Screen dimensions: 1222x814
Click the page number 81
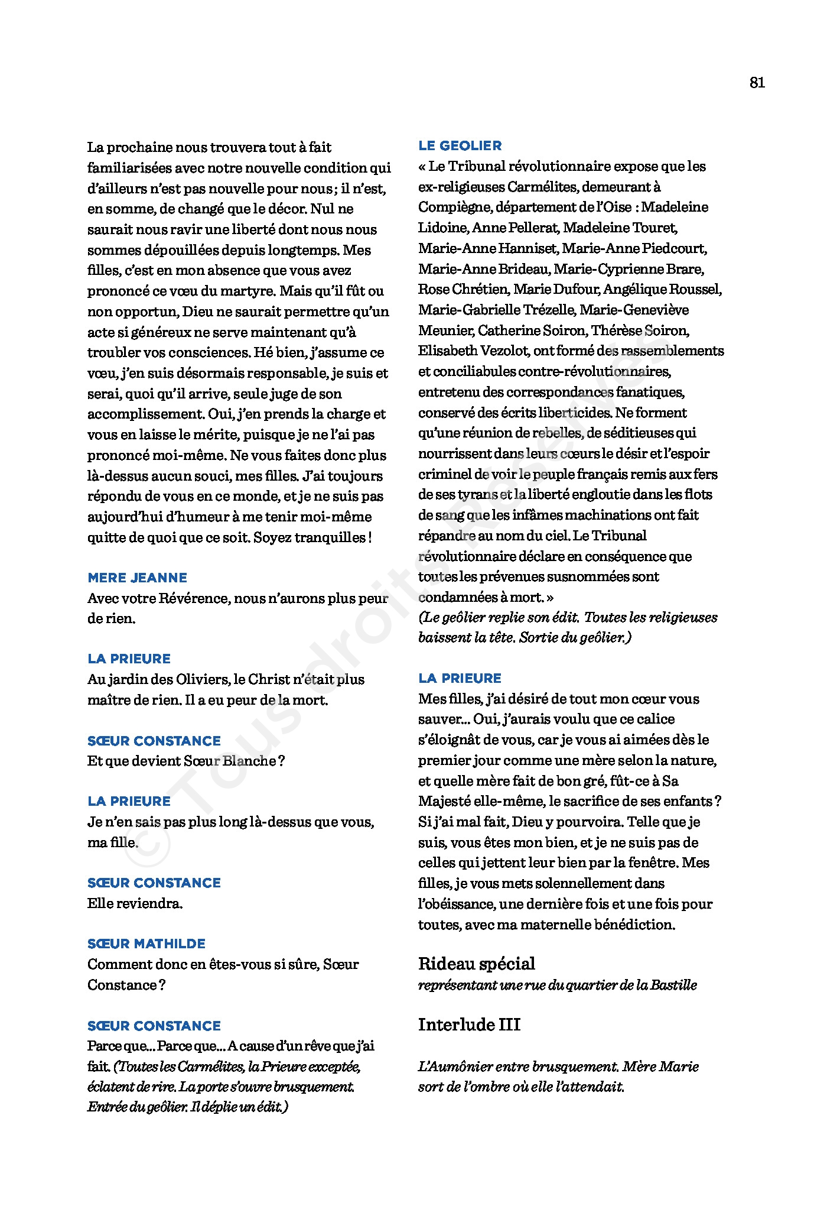tap(757, 83)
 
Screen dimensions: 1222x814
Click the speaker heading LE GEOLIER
tap(460, 145)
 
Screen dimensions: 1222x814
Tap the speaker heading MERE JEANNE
tap(137, 578)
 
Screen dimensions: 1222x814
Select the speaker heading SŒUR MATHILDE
tap(146, 944)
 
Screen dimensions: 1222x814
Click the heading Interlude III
tap(469, 1025)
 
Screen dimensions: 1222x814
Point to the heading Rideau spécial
tap(476, 964)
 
